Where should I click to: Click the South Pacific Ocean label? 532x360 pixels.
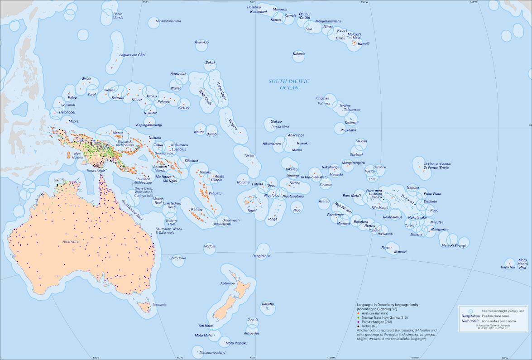288,84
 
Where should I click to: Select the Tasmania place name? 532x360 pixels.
159,304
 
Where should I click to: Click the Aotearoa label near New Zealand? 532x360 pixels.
227,283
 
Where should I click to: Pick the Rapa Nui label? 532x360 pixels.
508,267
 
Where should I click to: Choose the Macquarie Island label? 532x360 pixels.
209,352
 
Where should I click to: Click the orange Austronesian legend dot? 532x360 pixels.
358,313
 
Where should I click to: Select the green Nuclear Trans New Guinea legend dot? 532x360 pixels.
358,317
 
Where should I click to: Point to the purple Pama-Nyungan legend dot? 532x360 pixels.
358,322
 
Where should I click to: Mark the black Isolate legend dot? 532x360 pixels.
358,326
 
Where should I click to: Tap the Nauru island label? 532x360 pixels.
198,132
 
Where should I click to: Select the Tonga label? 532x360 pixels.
273,219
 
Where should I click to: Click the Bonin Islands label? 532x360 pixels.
118,16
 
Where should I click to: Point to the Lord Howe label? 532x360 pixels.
177,258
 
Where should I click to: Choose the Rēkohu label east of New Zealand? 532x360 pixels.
268,304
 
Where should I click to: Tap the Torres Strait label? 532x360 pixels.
96,171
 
